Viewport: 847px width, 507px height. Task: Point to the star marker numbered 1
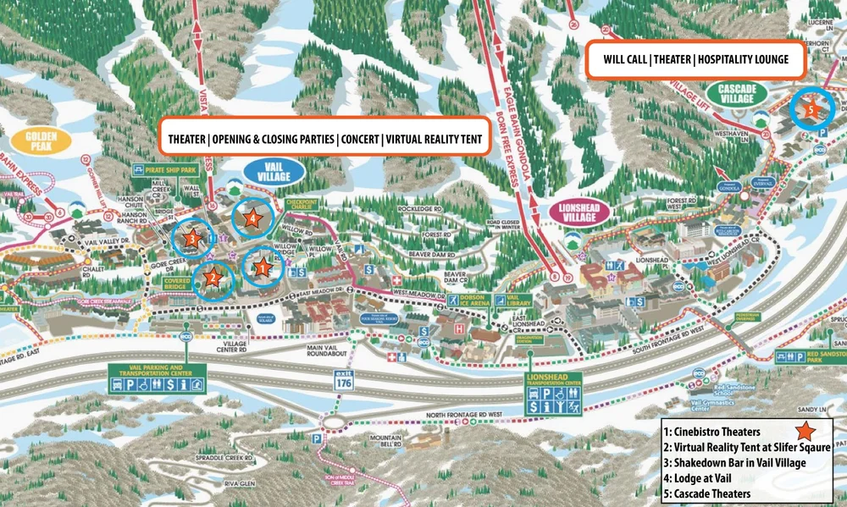262,268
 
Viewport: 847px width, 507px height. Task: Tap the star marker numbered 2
213,277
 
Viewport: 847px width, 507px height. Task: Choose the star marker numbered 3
191,238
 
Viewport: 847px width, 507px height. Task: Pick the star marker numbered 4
253,218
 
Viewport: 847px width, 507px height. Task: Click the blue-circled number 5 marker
811,109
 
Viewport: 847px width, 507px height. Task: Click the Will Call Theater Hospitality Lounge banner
695,60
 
